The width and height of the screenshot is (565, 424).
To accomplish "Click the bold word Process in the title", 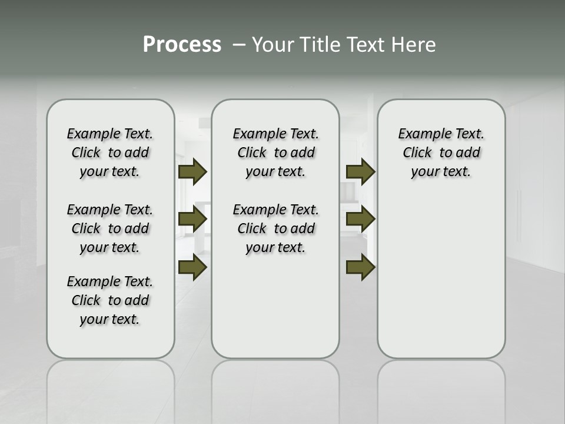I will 182,45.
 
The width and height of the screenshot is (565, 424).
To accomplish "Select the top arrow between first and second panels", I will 192,172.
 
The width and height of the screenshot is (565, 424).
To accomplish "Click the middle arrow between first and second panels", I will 192,220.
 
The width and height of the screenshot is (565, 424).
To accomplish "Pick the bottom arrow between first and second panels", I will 192,267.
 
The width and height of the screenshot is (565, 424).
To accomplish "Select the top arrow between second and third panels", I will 360,172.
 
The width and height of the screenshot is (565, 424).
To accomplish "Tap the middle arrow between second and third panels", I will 360,220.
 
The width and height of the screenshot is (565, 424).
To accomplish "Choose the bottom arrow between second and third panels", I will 360,267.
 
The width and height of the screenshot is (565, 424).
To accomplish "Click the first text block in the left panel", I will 110,153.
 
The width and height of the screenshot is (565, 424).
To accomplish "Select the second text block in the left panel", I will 110,228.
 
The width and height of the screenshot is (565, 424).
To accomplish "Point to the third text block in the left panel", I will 110,300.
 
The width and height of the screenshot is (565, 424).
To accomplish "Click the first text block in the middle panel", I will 275,153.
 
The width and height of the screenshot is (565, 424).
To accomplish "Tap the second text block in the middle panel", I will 275,228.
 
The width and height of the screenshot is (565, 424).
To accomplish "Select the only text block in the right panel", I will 441,153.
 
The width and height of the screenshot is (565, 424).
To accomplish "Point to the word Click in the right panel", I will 417,153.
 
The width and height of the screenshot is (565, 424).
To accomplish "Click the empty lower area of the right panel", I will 441,277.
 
